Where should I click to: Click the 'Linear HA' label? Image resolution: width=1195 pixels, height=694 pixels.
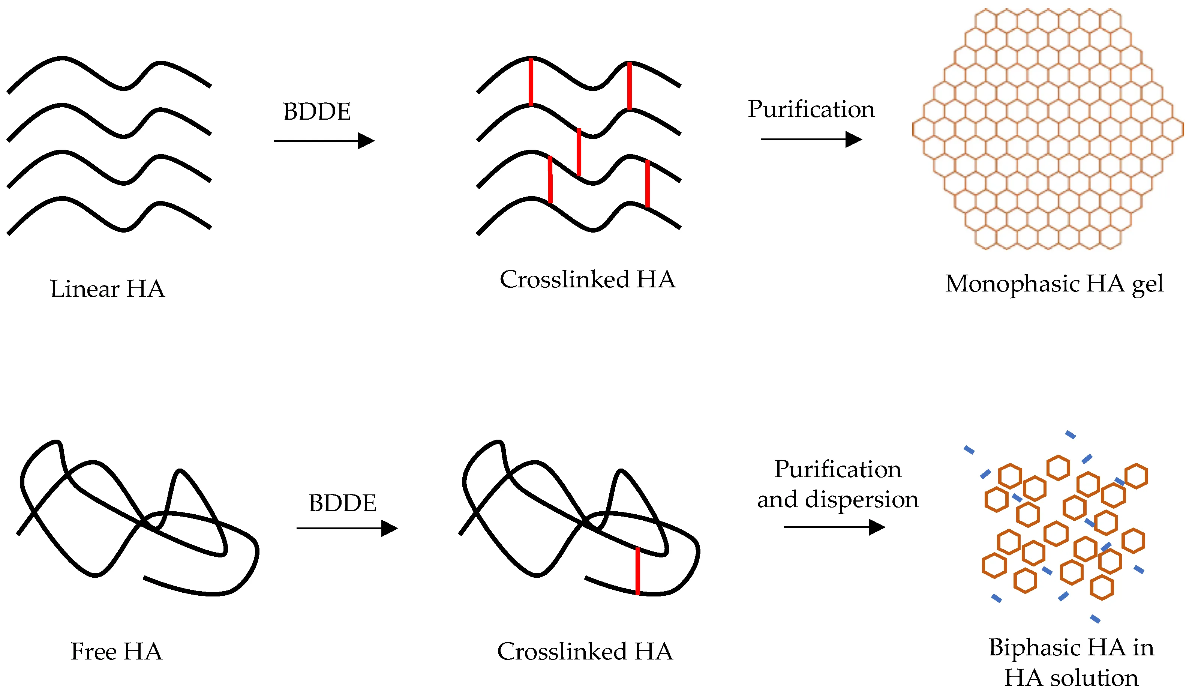108,289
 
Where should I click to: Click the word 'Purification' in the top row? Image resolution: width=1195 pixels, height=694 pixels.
811,110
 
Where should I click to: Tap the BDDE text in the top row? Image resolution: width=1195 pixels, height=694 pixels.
317,112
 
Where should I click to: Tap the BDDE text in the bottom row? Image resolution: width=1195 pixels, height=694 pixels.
342,503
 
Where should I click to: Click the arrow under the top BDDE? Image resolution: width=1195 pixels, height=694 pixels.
324,141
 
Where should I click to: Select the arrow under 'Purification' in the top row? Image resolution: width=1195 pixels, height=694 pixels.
811,140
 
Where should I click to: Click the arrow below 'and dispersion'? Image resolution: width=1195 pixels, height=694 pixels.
834,527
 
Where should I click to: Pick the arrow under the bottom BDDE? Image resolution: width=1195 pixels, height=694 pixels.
346,529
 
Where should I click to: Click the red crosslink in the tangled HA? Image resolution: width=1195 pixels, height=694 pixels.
637,571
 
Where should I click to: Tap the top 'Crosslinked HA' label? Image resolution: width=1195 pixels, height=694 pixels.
587,279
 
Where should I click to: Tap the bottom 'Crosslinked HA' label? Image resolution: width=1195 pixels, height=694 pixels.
585,651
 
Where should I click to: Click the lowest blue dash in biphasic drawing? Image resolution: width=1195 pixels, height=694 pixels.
1095,619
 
